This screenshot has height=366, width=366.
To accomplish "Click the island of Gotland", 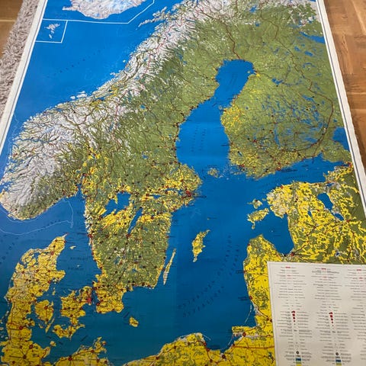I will click(x=200, y=244).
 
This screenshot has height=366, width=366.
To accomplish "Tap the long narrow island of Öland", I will click(x=169, y=267).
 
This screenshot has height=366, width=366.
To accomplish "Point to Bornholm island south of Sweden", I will click(x=133, y=322).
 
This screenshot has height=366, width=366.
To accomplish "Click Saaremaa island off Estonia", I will click(x=258, y=217).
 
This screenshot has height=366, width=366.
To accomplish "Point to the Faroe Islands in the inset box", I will click(x=52, y=29).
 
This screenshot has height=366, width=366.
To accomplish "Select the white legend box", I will click(x=316, y=313).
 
